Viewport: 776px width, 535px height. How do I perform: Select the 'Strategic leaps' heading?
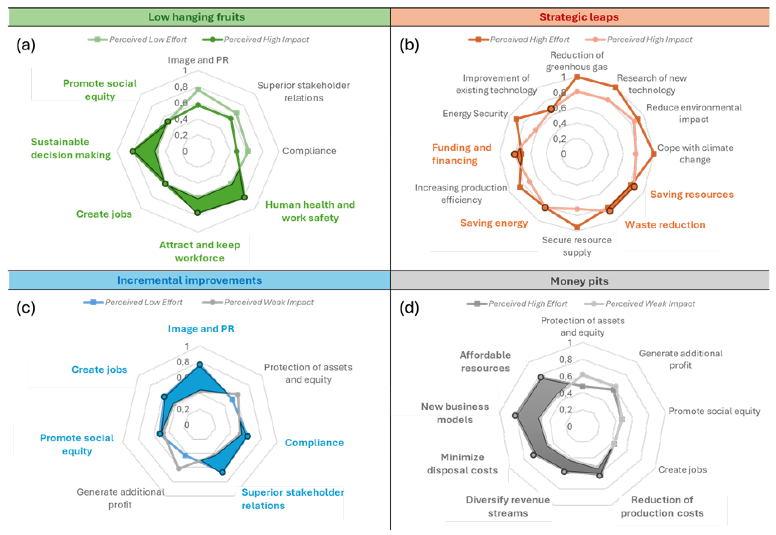click(579, 17)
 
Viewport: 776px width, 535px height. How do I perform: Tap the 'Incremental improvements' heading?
click(189, 280)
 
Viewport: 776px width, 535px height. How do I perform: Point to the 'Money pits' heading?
click(579, 281)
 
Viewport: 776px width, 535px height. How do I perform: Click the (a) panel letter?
click(26, 45)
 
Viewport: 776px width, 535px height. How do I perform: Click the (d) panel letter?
click(409, 308)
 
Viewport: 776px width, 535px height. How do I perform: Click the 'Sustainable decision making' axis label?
click(70, 149)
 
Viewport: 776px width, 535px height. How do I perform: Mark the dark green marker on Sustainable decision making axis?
click(133, 152)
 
